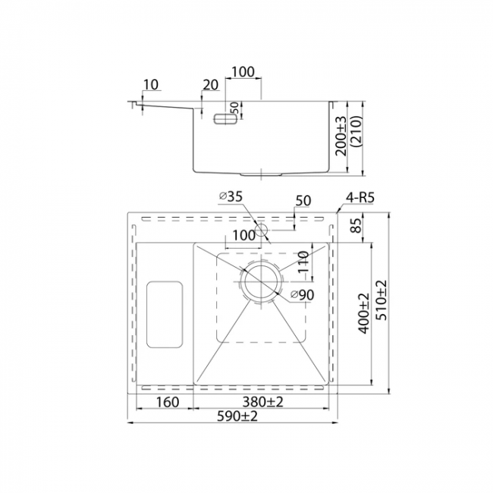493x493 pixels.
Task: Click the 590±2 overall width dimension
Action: point(237,416)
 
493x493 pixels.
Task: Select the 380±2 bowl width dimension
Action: point(262,402)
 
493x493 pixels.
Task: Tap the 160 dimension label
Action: point(168,402)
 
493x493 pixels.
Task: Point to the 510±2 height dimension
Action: point(382,300)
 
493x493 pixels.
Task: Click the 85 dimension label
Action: point(356,225)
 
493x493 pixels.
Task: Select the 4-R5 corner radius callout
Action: point(360,198)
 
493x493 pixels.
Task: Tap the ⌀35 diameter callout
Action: point(231,196)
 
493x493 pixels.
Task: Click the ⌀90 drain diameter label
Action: point(303,295)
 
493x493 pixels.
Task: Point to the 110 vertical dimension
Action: point(303,262)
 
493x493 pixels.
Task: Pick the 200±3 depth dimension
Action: point(341,136)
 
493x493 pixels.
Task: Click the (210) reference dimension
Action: point(357,131)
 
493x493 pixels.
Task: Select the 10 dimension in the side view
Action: point(151,85)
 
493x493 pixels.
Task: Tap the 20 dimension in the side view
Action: point(210,85)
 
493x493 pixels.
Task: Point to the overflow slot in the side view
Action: point(225,119)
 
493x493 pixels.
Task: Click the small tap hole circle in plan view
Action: point(261,230)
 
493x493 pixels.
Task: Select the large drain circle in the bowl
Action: point(261,281)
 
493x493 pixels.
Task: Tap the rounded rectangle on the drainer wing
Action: point(165,315)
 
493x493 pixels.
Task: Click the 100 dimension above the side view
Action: point(243,72)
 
